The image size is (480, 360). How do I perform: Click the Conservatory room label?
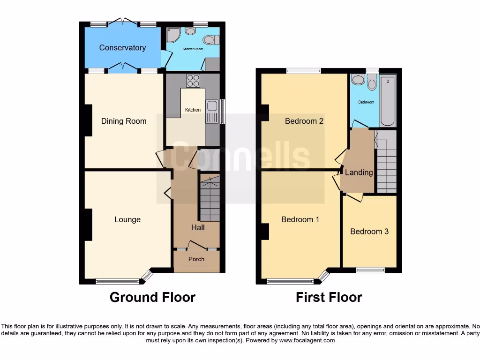(x=122, y=48)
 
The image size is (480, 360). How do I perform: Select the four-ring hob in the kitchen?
(x=193, y=81)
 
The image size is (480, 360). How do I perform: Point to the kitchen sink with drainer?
(x=212, y=112)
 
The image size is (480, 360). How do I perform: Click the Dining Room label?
(x=124, y=121)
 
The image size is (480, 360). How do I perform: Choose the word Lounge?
(x=127, y=219)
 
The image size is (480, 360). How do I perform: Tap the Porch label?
(x=196, y=259)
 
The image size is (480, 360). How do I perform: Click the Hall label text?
(x=198, y=228)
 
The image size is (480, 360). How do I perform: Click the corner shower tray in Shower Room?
(x=173, y=34)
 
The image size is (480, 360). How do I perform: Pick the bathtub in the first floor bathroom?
(x=388, y=102)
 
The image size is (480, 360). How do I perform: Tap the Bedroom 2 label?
(x=304, y=121)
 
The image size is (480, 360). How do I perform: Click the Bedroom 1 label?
(x=300, y=219)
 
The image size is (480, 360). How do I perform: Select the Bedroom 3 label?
(x=369, y=232)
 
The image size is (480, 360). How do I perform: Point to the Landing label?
(x=359, y=172)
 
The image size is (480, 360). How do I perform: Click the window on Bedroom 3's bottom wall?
(x=370, y=270)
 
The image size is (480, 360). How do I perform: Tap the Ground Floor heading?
(x=152, y=297)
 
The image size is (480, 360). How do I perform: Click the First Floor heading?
(x=329, y=297)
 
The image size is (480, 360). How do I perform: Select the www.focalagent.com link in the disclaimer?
(x=307, y=340)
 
